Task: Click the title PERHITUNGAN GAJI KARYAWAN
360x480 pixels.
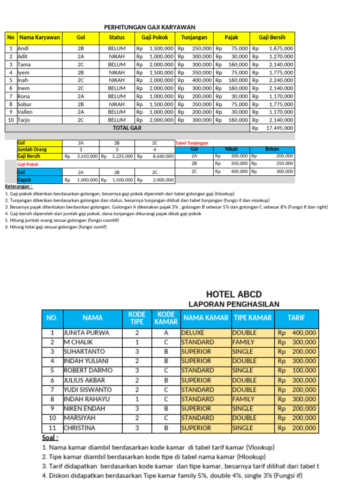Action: (150, 27)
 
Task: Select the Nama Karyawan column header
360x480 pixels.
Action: (40, 37)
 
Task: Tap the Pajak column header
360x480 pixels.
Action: (232, 37)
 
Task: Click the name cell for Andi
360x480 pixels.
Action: (23, 48)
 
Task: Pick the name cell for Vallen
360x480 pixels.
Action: (26, 112)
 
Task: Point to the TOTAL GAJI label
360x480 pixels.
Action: (127, 127)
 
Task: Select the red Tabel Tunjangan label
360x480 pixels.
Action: (192, 143)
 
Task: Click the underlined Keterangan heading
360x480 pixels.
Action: (19, 187)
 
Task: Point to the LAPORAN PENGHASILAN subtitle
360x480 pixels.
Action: (233, 304)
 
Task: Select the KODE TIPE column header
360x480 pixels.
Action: (137, 318)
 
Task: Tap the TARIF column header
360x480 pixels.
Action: (296, 318)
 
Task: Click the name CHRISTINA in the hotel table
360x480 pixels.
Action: (80, 428)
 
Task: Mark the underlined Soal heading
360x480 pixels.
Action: (51, 438)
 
